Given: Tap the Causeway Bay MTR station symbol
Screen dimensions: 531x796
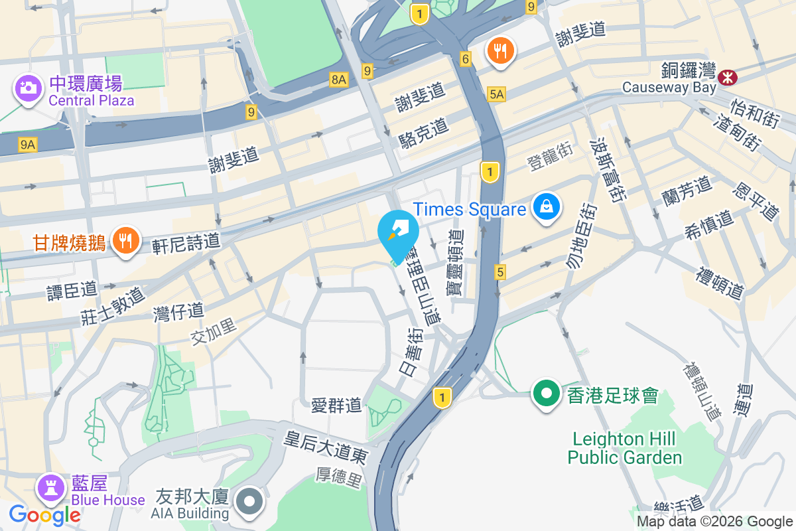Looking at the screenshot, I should tap(728, 78).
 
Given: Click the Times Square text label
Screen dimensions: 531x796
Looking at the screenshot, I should tap(470, 210).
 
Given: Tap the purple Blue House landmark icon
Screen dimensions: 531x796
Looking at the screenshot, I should tap(50, 488).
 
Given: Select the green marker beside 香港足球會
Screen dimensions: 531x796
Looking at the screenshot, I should tap(546, 394).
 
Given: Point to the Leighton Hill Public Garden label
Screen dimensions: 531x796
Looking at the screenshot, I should tap(624, 448).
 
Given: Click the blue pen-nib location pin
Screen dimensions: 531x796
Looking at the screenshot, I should tap(398, 233).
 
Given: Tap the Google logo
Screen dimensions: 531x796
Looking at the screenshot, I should tap(45, 514).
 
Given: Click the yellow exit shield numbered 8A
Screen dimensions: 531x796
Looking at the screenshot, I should tap(338, 80).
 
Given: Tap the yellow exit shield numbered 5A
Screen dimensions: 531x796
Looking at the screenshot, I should tap(496, 94).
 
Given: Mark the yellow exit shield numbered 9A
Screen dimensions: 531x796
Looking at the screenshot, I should tap(28, 143).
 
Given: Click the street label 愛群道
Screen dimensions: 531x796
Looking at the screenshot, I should tap(336, 404).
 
